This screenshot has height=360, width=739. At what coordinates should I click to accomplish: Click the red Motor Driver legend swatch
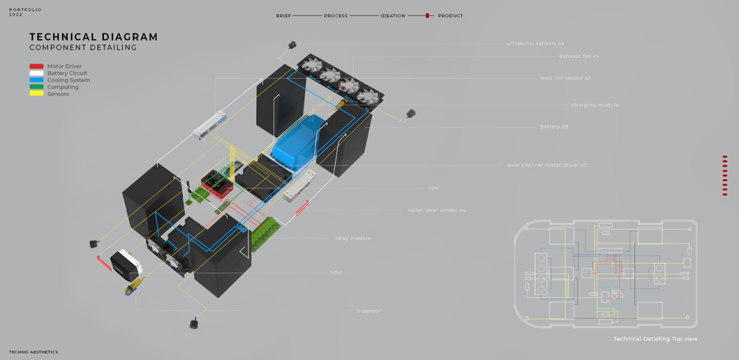(x=36, y=66)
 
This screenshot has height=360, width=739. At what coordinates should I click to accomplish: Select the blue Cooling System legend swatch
(x=36, y=80)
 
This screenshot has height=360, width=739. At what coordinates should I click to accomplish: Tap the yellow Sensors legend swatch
(x=36, y=94)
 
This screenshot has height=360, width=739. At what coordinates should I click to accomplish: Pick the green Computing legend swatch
(x=36, y=87)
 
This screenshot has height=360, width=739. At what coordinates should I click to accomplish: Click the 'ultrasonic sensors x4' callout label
(x=535, y=43)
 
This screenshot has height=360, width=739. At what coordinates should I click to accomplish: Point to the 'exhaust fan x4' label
(x=579, y=56)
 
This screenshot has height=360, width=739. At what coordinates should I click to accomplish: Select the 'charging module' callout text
(x=595, y=105)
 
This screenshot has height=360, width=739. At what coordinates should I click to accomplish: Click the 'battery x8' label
(x=554, y=127)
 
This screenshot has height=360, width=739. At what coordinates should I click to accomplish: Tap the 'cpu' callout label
(x=433, y=188)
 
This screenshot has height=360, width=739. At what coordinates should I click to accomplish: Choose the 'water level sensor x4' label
(x=436, y=210)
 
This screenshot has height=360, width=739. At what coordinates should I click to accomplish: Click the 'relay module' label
(x=353, y=238)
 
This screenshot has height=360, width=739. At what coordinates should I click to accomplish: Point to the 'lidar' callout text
(x=336, y=272)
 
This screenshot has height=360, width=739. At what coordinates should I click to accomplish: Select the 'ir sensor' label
(x=368, y=311)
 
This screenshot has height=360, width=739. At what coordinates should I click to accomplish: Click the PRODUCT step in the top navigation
(x=450, y=16)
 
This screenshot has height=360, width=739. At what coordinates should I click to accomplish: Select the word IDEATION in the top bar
(x=393, y=16)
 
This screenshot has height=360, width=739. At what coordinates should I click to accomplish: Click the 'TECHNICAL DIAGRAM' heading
(x=93, y=37)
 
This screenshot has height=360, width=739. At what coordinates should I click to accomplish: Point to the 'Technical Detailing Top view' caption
(x=655, y=339)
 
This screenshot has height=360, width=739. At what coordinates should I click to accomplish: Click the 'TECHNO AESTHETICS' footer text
(x=34, y=352)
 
